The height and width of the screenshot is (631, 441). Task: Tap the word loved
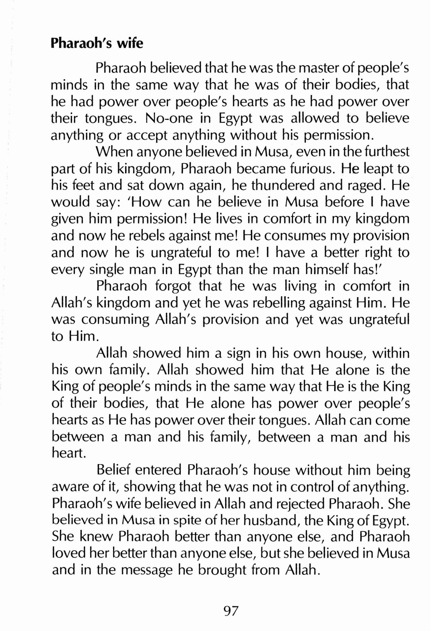(x=67, y=554)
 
